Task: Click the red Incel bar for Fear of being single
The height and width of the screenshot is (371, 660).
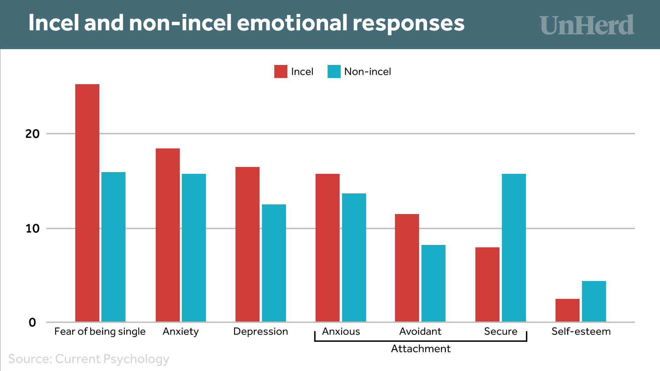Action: pos(87,203)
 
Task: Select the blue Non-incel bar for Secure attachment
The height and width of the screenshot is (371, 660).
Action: pos(514,248)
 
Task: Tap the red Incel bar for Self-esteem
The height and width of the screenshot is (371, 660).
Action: pos(567,310)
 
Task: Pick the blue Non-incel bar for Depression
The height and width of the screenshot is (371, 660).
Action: pos(274,263)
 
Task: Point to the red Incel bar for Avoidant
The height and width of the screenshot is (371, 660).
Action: pos(407,268)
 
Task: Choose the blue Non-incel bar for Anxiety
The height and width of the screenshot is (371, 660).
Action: pos(194,248)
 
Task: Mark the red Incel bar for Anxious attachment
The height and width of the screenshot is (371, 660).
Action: pos(327,248)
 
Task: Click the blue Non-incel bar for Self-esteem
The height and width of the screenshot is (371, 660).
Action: pos(594,301)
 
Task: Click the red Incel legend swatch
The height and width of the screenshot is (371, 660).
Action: pos(280,71)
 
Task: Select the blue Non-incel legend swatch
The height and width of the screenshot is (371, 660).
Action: pos(334,71)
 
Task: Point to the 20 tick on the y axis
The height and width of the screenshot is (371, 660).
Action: pos(32,134)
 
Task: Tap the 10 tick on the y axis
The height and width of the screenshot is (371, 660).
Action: pos(32,228)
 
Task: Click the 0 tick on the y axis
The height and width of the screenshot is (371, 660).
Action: pos(32,323)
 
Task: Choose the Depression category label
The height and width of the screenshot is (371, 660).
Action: pos(261,331)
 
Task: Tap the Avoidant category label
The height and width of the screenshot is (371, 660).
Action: pos(420,331)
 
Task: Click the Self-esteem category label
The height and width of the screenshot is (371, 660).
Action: pos(581,331)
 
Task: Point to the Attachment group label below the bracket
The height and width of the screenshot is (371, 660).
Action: pos(420,349)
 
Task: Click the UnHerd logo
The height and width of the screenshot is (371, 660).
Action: pos(586,25)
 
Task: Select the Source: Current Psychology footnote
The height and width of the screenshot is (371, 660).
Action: pos(89,359)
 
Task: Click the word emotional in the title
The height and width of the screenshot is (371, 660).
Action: pos(293,23)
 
